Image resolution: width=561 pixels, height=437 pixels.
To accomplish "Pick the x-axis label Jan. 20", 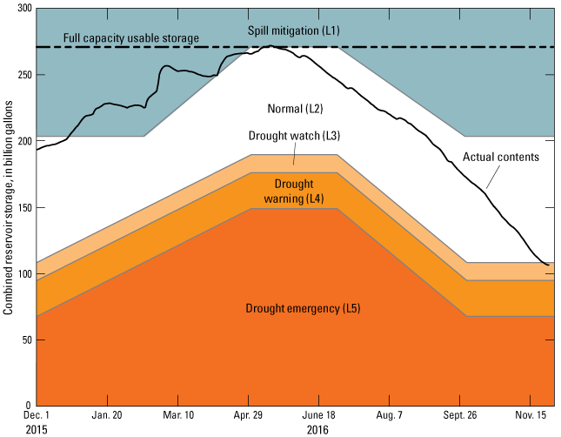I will click(x=106, y=417).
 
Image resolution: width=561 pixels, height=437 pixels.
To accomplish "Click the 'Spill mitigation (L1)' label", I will click(x=293, y=30).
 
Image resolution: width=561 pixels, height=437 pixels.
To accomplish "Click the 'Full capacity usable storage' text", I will click(x=131, y=38).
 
